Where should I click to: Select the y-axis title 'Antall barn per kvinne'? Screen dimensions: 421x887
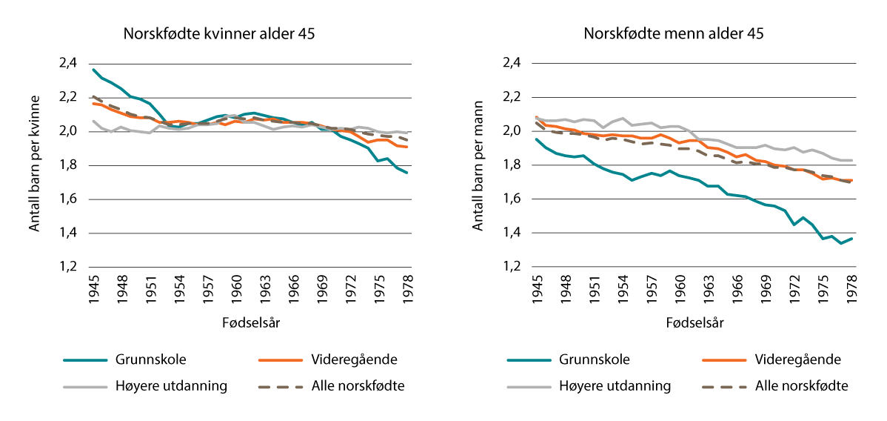34,165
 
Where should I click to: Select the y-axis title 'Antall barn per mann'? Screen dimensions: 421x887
478,165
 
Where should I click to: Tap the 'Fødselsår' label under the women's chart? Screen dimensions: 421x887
250,323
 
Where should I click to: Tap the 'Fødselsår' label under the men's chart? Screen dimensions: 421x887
694,323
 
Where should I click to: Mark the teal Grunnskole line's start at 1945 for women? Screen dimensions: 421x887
93,70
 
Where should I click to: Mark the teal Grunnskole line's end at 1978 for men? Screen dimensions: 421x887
851,238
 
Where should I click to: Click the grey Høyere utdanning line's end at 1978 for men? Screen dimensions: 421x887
851,160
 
